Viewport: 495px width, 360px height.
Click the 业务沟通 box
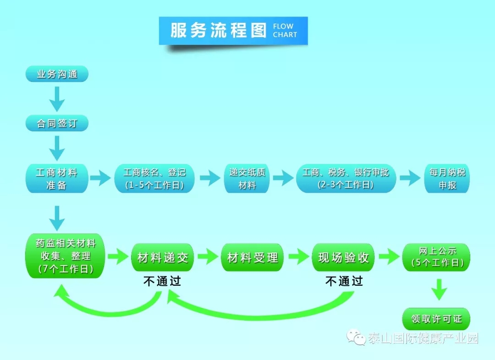tap(57, 74)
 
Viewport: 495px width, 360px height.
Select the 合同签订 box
tap(57, 124)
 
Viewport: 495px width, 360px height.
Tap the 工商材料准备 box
tap(57, 179)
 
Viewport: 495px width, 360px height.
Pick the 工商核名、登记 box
tap(154, 179)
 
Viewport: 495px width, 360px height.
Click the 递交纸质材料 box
tap(247, 179)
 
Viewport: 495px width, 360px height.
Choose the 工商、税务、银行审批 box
tap(346, 179)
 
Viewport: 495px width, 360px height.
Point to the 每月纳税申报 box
tap(447, 179)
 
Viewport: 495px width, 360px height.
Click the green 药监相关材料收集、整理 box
tap(66, 256)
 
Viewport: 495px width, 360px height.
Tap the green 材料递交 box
tap(163, 257)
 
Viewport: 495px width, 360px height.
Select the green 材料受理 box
tap(253, 257)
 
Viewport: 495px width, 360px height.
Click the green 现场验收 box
tap(343, 257)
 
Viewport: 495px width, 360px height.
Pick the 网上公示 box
tap(436, 257)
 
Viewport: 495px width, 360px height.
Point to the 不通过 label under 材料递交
tap(162, 281)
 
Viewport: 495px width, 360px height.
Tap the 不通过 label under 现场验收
tap(344, 281)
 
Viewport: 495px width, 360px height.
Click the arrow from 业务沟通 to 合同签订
tap(57, 98)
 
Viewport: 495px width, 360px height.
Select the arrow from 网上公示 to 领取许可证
tap(439, 289)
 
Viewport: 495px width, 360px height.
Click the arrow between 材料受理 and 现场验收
tap(298, 257)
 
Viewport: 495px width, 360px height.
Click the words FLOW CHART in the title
tap(285, 31)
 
